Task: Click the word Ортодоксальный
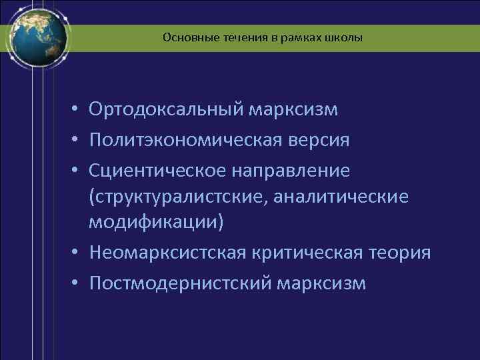point(167,109)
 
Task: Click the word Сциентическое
point(157,171)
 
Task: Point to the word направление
point(291,171)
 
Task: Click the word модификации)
point(157,222)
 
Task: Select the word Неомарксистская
point(167,253)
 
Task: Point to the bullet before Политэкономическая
point(77,141)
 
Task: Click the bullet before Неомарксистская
point(77,253)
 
